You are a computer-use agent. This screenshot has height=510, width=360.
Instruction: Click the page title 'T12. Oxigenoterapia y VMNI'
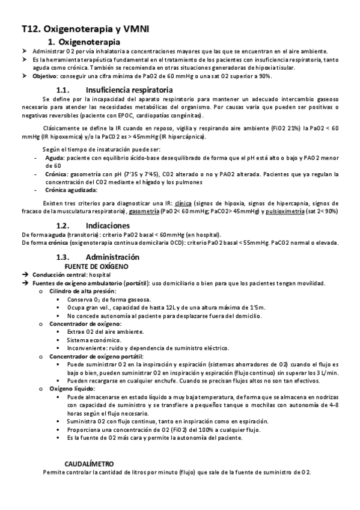[x=85, y=28]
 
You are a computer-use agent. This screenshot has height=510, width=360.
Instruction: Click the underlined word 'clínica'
[x=191, y=203]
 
